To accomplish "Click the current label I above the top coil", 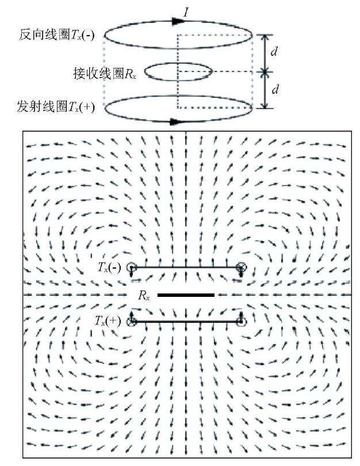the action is coord(186,12).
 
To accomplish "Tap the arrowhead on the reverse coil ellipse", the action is coord(178,21).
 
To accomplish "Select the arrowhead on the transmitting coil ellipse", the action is coord(176,121).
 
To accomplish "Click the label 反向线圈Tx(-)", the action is coord(56,35).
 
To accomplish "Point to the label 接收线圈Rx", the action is coord(105,73).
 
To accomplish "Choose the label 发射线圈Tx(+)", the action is coord(56,106).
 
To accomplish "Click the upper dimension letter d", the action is coord(274,52).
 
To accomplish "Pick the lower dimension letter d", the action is coord(275,89).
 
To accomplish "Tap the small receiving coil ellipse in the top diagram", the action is coord(178,63).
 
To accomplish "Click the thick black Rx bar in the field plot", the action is coord(186,295).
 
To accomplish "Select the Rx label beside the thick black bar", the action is coord(144,295).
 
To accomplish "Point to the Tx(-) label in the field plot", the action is coord(109,268).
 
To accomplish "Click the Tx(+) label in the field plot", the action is coord(108,321).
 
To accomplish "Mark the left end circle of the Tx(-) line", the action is coord(131,267).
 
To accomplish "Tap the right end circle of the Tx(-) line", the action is coord(241,267).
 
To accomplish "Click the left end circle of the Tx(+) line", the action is coord(131,321).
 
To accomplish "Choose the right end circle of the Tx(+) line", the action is coord(241,321).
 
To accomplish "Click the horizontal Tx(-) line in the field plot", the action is coord(186,267).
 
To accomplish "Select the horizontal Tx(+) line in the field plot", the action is coord(186,321).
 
